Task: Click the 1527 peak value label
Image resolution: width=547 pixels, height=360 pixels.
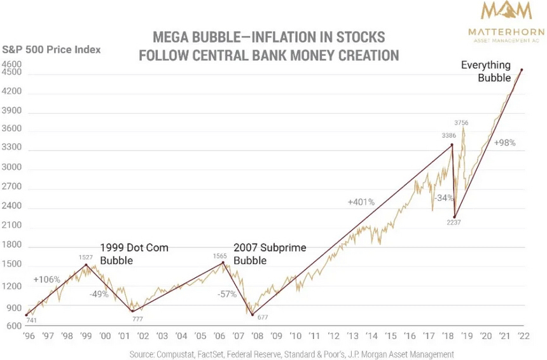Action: (86, 258)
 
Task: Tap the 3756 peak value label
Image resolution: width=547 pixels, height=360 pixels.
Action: (461, 122)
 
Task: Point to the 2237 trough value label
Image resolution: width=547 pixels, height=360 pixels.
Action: (453, 223)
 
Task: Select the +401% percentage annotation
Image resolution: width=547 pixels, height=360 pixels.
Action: (361, 202)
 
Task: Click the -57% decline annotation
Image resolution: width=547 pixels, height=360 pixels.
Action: (226, 294)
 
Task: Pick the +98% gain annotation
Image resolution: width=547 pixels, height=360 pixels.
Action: (504, 142)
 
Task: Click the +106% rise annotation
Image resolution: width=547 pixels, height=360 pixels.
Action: (46, 280)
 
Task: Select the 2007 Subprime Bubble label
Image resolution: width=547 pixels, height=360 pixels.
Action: (261, 254)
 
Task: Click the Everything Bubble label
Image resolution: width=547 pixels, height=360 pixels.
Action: (485, 71)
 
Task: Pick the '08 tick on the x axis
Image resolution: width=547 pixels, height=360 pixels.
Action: (257, 335)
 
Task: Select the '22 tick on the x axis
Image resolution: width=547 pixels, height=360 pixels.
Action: (523, 335)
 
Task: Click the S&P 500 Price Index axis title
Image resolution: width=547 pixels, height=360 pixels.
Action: (52, 49)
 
